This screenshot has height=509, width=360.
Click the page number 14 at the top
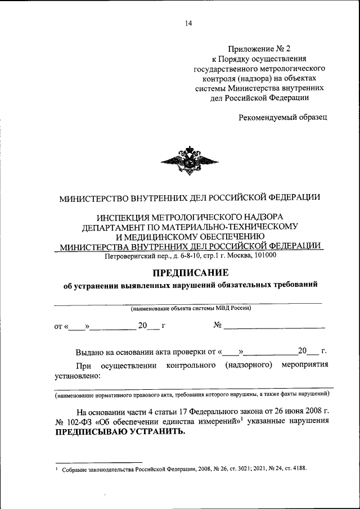coord(188,23)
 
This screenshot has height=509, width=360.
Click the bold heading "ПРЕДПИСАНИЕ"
coord(190,272)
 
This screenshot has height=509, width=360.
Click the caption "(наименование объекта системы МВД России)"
coord(191,308)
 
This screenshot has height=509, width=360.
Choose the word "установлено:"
coord(77,376)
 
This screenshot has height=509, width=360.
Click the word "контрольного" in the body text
coord(192,366)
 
